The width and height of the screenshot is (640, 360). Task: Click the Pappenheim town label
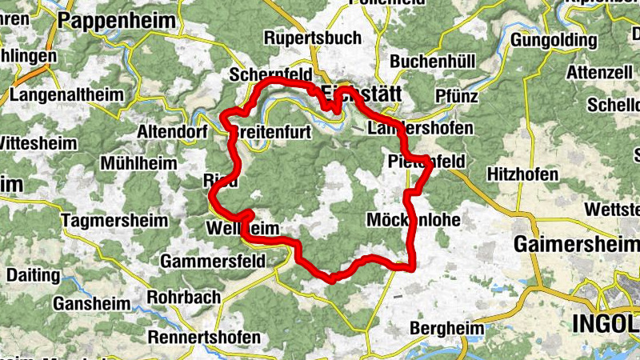(110, 22)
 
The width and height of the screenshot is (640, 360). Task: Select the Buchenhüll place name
(433, 62)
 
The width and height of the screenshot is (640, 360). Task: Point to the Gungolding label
(553, 39)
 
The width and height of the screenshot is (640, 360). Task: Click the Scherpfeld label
(269, 74)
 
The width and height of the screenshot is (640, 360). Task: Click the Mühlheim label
(138, 163)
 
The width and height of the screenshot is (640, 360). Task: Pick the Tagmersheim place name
(115, 220)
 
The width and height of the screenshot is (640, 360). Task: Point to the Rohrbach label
(185, 297)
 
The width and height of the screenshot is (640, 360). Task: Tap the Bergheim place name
(446, 328)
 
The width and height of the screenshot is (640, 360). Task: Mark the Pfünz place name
(457, 96)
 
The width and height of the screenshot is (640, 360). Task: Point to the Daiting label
(33, 274)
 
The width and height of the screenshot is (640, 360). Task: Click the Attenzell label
(594, 71)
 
